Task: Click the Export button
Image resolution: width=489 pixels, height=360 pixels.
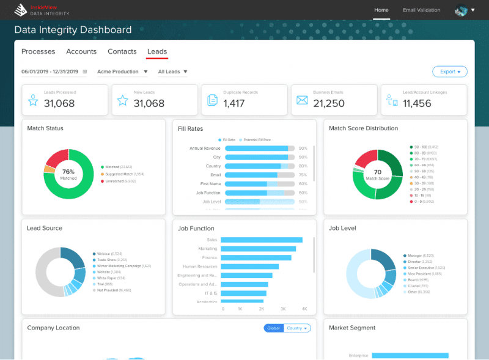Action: pos(449,72)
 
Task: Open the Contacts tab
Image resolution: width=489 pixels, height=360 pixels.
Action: pos(122,52)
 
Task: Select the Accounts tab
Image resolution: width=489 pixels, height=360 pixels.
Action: pos(81,52)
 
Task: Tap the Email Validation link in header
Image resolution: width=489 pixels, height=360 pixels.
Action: pos(421,10)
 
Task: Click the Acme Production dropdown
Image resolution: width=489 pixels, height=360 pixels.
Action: pos(122,72)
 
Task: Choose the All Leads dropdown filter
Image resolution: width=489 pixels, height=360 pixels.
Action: pos(172,72)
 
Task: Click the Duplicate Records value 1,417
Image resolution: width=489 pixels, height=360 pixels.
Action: pos(234,103)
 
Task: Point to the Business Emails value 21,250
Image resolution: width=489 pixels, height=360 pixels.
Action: pos(329,103)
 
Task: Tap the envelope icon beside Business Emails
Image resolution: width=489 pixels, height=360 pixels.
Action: pos(302,100)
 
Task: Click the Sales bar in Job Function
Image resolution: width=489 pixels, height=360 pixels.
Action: pos(262,240)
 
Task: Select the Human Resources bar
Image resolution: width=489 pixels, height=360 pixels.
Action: pos(249,266)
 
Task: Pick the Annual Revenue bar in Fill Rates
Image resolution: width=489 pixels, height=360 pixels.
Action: pos(257,149)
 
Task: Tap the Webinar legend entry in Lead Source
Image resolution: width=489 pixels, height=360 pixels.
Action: pos(109,254)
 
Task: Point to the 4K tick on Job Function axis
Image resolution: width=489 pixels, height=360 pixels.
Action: pos(304,309)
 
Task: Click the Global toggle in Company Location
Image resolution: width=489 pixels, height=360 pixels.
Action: pos(273,328)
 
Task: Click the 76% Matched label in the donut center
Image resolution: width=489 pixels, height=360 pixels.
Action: pos(68,174)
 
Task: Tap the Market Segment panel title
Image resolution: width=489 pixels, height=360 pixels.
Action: pos(352,328)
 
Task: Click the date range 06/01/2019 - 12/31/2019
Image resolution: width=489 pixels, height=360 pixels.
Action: pos(50,72)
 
